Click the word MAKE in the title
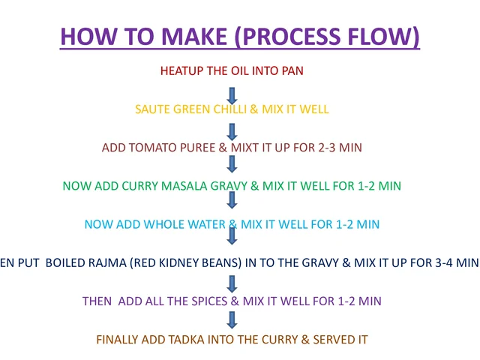click(x=194, y=37)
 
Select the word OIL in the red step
click(x=240, y=70)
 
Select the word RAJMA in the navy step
click(x=107, y=262)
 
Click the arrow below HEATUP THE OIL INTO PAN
click(x=232, y=96)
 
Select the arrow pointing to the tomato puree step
click(x=232, y=132)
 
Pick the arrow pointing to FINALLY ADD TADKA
click(x=232, y=320)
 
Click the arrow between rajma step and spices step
click(x=232, y=283)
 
